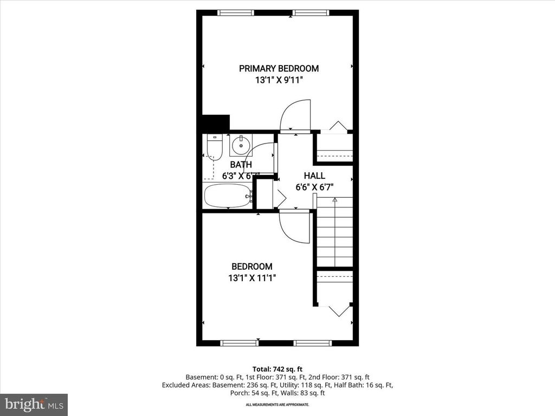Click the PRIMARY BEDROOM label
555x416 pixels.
tap(279, 68)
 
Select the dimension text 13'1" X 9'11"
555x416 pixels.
tap(279, 80)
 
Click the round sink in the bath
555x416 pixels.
tap(241, 145)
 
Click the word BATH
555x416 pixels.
tap(241, 165)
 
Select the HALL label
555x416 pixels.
tap(314, 175)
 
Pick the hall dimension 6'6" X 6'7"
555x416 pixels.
tap(314, 187)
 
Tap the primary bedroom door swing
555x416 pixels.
tap(296, 115)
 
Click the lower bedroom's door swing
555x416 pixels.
tap(294, 226)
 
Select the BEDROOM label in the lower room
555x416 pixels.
tap(252, 266)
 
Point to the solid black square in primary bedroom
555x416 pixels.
tap(216, 122)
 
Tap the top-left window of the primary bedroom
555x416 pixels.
tap(235, 12)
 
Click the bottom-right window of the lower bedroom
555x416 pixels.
tap(312, 343)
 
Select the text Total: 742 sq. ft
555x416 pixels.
tap(277, 369)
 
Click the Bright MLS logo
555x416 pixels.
tap(34, 404)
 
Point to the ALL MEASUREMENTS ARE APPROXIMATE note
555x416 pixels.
tap(277, 405)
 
